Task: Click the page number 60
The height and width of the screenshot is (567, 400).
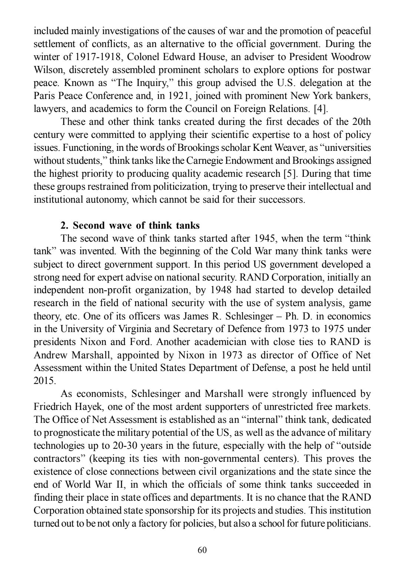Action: [x=202, y=550]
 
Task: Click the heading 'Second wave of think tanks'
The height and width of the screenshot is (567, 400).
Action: [x=130, y=226]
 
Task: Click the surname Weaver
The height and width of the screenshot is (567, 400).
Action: [x=291, y=148]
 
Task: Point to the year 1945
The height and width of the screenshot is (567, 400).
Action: [x=266, y=239]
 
